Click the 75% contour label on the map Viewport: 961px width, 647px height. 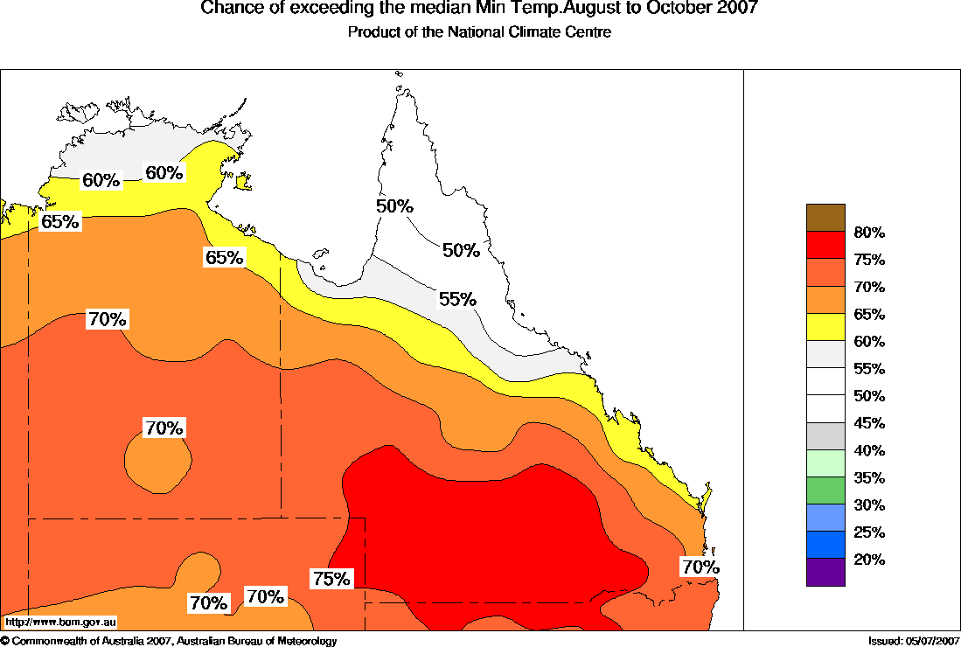click(x=331, y=579)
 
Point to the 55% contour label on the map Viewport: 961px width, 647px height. click(x=457, y=299)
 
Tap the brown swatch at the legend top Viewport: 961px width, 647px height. click(x=825, y=218)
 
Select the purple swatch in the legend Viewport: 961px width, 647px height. click(x=825, y=572)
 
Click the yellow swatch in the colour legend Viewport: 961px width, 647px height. click(x=825, y=327)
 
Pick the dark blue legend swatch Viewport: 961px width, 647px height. click(x=825, y=545)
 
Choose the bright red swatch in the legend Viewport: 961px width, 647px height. click(x=825, y=245)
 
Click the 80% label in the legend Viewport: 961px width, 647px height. click(x=869, y=233)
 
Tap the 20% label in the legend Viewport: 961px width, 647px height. click(x=869, y=560)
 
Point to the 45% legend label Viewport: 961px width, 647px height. click(x=869, y=423)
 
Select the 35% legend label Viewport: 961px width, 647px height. click(x=869, y=477)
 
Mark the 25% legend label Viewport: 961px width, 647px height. click(x=869, y=532)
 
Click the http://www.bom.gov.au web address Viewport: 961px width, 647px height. click(x=60, y=623)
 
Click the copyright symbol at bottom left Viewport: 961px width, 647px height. click(x=5, y=642)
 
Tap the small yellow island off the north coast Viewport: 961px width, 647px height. click(x=243, y=182)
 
